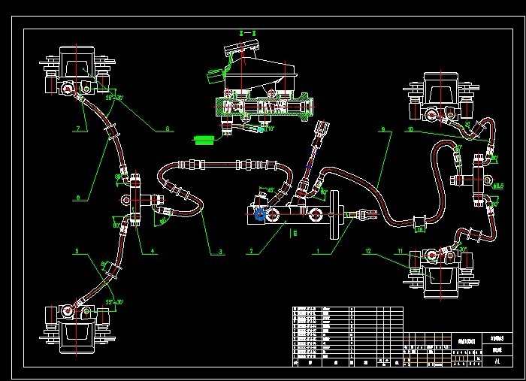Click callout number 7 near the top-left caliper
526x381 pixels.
coord(77,129)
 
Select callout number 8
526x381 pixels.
coord(168,129)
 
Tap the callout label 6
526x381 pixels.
coord(77,198)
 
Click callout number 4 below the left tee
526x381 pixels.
coord(153,251)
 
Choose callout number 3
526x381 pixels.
coord(222,252)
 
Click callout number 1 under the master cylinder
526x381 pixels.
coord(318,252)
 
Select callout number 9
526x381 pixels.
coord(382,129)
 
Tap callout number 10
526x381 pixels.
coord(410,129)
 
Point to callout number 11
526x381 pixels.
coord(401,251)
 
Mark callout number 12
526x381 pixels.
coord(368,251)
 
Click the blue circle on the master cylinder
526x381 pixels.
coord(260,216)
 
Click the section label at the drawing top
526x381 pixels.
coord(243,34)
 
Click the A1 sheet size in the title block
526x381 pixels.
coord(497,361)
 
